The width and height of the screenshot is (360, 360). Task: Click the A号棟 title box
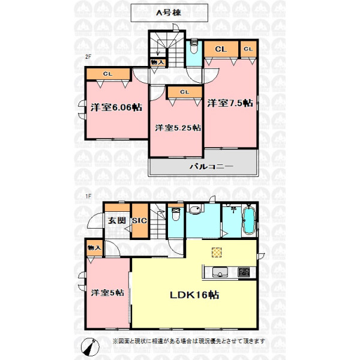(x=169, y=13)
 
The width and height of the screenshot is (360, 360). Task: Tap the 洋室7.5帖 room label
(x=230, y=103)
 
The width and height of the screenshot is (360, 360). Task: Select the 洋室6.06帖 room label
(x=116, y=107)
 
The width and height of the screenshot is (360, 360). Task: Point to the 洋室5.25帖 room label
(x=178, y=128)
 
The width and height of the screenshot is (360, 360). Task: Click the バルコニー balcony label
(x=211, y=166)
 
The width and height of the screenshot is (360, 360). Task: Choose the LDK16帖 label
(x=194, y=295)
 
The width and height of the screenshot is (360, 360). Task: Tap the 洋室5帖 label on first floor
(x=107, y=293)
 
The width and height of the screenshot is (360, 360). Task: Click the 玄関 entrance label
(x=117, y=220)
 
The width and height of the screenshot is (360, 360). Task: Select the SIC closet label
(x=139, y=221)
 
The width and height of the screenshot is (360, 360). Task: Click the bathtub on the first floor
(x=249, y=220)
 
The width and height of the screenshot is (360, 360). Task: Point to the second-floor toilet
(x=194, y=47)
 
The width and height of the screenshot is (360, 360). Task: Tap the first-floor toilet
(x=176, y=214)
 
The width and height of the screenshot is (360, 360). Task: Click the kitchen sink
(x=220, y=272)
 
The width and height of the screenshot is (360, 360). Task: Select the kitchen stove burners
(x=244, y=272)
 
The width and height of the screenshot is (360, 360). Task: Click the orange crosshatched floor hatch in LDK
(x=217, y=253)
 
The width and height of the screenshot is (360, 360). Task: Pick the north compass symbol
(x=90, y=347)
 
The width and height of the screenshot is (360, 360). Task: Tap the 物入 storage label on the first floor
(x=94, y=248)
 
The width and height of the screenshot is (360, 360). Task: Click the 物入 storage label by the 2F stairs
(x=157, y=62)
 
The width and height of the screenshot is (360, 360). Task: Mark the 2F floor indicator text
(x=88, y=56)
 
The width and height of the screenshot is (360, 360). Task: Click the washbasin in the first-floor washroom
(x=195, y=209)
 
